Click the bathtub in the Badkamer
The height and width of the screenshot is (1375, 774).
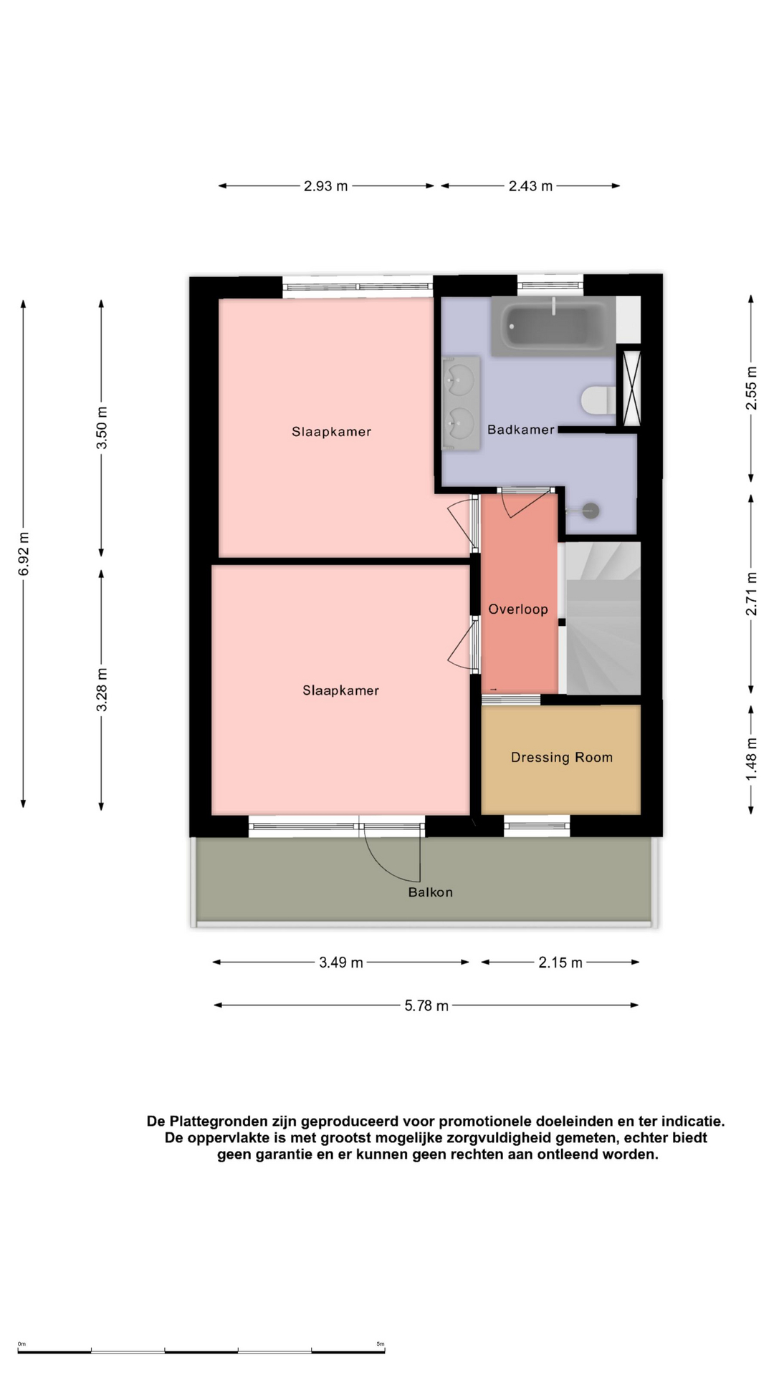(x=553, y=326)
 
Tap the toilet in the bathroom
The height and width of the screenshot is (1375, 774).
(x=598, y=400)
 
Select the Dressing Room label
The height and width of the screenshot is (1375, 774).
(x=562, y=757)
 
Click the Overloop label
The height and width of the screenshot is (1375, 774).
(x=518, y=609)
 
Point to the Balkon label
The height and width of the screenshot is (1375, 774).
(x=431, y=892)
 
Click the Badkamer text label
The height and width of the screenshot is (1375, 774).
(x=521, y=430)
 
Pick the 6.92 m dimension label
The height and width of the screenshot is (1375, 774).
(x=24, y=554)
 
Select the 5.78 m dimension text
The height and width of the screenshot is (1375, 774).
(x=426, y=1005)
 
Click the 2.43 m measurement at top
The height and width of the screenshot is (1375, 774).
(x=531, y=186)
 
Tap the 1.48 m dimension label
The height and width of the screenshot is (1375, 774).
(x=751, y=759)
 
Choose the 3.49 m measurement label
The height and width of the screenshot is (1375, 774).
(x=341, y=962)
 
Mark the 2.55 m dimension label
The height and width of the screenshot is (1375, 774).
(x=751, y=387)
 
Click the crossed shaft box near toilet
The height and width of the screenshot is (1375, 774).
(x=632, y=386)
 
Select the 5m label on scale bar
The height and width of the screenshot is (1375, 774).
(x=381, y=1344)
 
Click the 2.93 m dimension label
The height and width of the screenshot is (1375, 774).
(x=326, y=186)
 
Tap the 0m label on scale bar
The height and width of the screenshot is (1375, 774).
(x=21, y=1344)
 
